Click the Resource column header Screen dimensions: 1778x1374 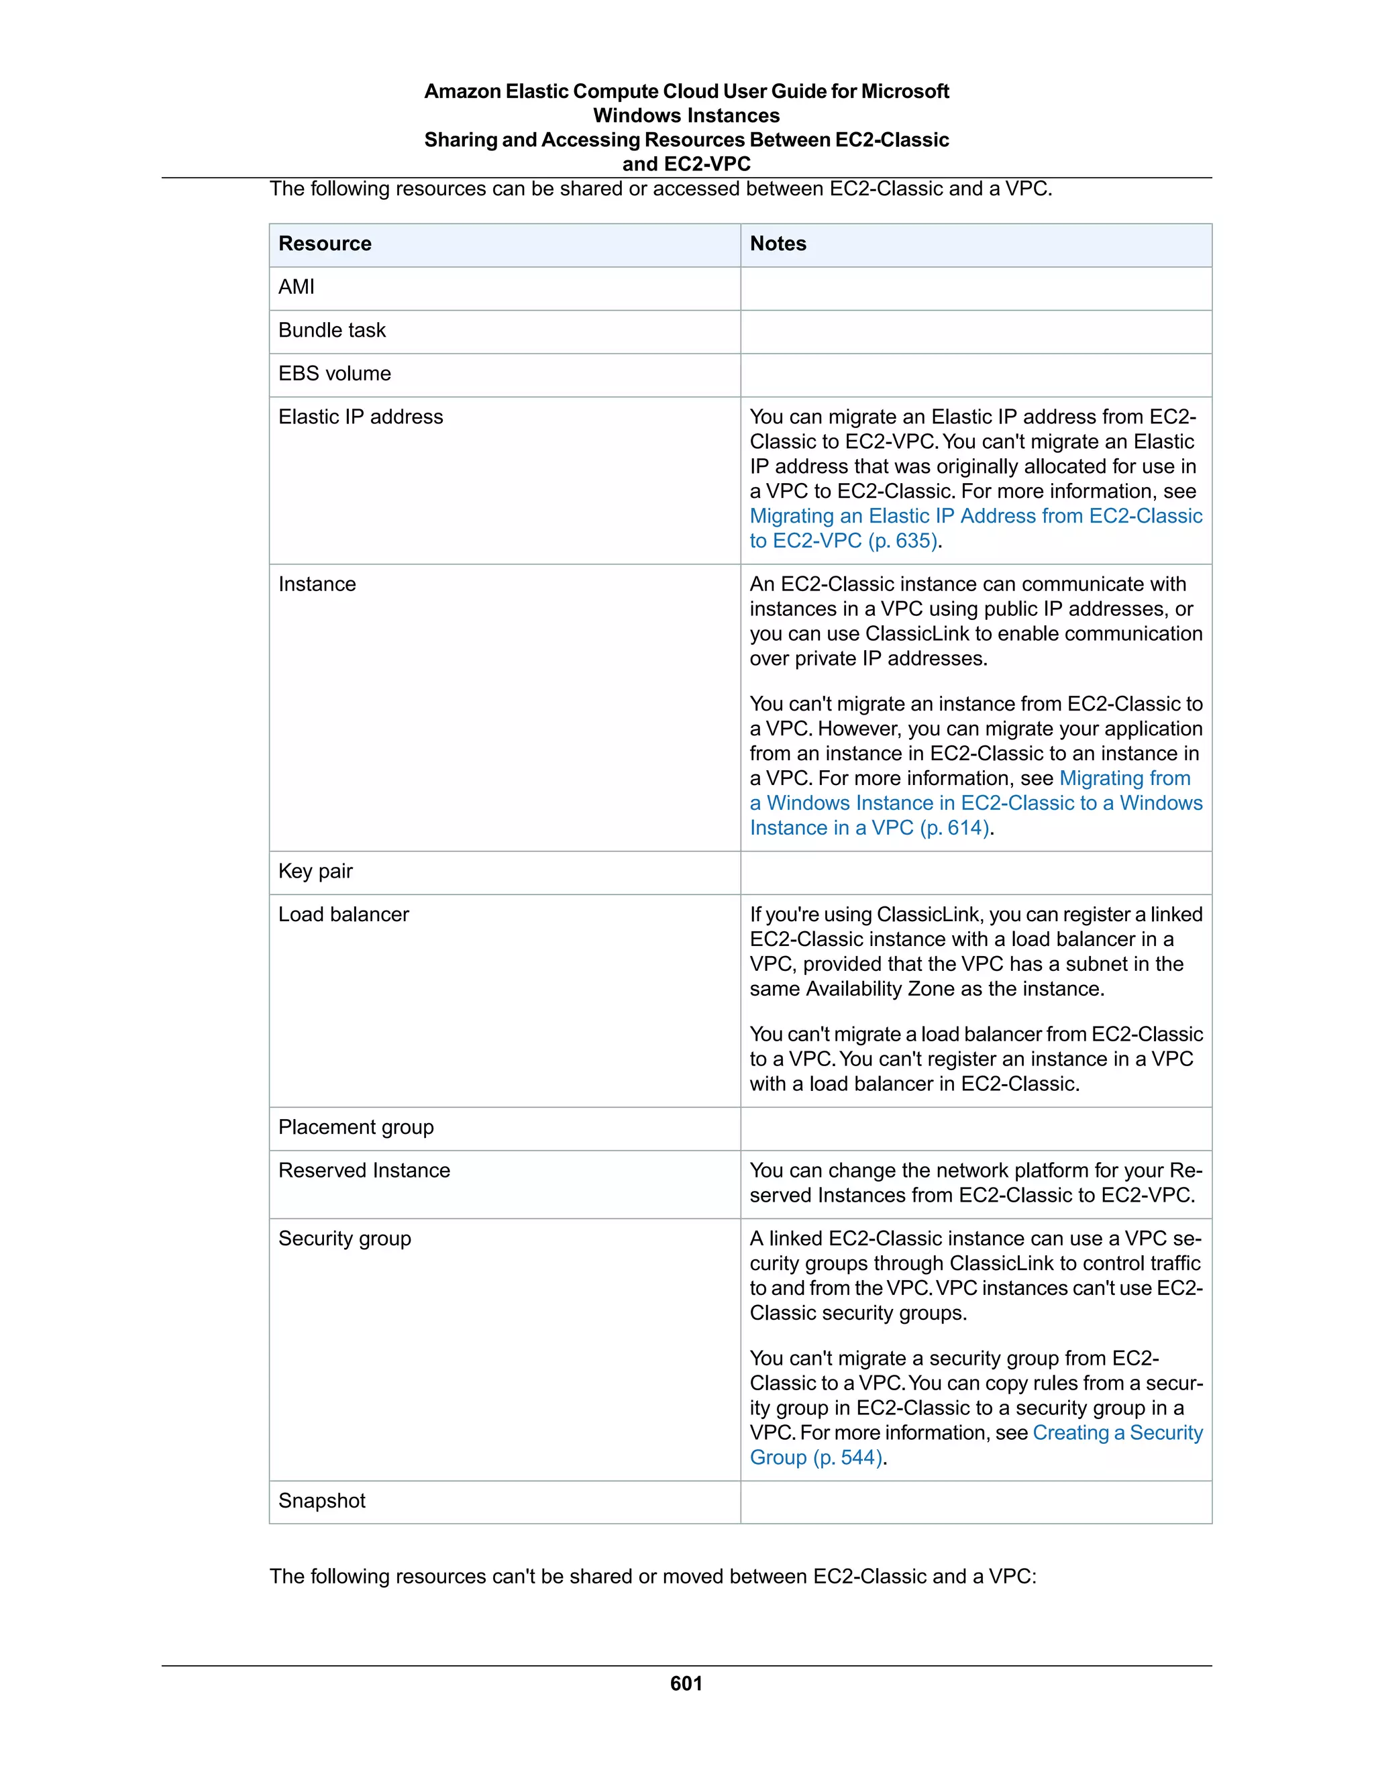pyautogui.click(x=325, y=244)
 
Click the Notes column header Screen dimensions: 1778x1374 pyautogui.click(x=778, y=244)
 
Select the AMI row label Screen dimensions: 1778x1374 pyautogui.click(x=297, y=286)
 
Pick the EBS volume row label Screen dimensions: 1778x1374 pyautogui.click(x=335, y=373)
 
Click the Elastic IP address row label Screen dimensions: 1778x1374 pyautogui.click(x=360, y=417)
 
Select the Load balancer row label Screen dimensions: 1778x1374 pyautogui.click(x=343, y=914)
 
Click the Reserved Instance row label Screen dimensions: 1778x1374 pyautogui.click(x=364, y=1170)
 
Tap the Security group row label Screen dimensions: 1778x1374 pyautogui.click(x=344, y=1239)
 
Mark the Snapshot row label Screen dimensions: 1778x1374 pyautogui.click(x=321, y=1500)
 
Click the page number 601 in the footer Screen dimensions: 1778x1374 pyautogui.click(x=686, y=1683)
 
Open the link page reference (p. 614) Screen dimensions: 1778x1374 pyautogui.click(x=955, y=828)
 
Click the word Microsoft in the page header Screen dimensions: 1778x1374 pyautogui.click(x=905, y=91)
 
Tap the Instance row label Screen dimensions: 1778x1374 pyautogui.click(x=317, y=584)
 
